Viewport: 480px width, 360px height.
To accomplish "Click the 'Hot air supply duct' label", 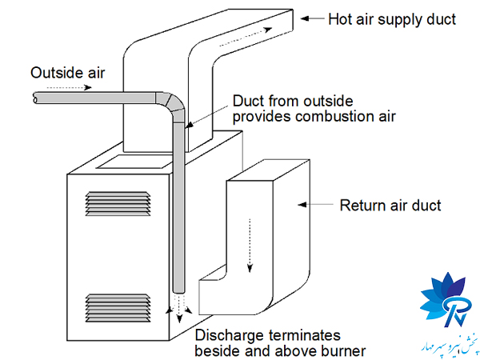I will click(392, 18).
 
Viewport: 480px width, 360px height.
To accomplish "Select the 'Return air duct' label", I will click(390, 206).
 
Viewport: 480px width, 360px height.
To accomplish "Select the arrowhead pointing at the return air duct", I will click(304, 206).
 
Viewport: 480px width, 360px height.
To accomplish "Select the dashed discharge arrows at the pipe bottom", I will click(178, 307).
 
